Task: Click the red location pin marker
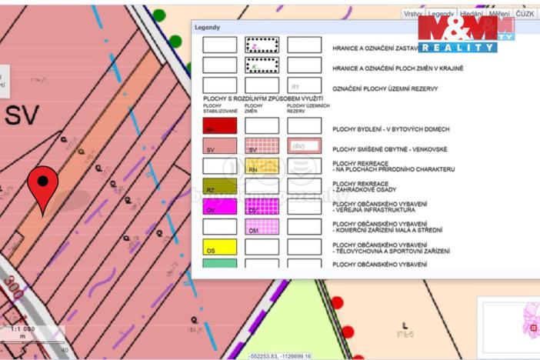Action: (42, 185)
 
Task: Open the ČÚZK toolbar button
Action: (525, 14)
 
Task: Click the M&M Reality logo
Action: (466, 33)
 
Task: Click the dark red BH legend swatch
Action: (218, 126)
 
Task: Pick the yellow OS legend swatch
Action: (218, 248)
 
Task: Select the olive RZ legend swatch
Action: (218, 187)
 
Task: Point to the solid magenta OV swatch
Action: (218, 207)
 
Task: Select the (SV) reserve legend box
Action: (304, 146)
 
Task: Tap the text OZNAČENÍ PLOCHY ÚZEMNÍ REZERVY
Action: (385, 88)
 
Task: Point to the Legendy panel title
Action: (207, 28)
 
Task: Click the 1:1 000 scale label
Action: (22, 329)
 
